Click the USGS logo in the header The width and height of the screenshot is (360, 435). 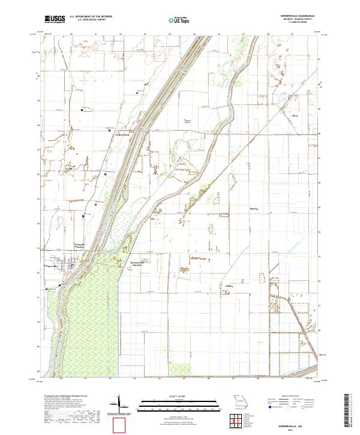coord(55,19)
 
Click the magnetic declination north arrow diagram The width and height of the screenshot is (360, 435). coord(119,403)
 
